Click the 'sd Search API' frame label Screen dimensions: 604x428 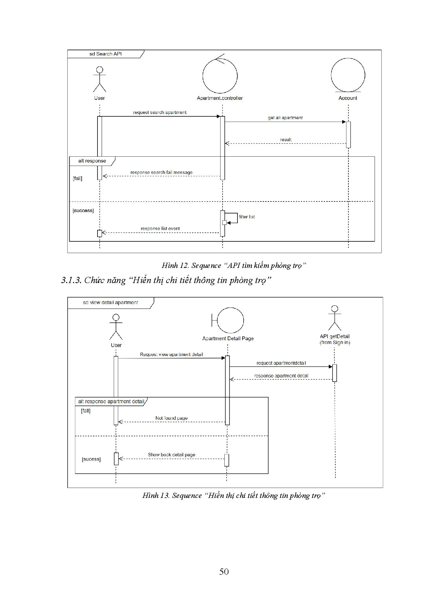pyautogui.click(x=105, y=54)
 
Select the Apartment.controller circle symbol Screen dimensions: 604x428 pyautogui.click(x=220, y=76)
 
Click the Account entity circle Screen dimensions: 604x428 pyautogui.click(x=348, y=75)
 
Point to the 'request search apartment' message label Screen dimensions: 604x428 pyautogui.click(x=160, y=112)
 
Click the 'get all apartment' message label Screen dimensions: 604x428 pyautogui.click(x=285, y=118)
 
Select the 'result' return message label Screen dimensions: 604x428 pyautogui.click(x=286, y=139)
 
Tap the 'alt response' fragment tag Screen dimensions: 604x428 pyautogui.click(x=92, y=161)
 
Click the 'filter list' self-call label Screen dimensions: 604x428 pyautogui.click(x=247, y=217)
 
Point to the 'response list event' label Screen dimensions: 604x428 pyautogui.click(x=160, y=228)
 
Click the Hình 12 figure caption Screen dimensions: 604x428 pyautogui.click(x=234, y=265)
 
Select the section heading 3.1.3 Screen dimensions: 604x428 pyautogui.click(x=166, y=280)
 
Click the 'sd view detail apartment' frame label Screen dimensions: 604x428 pyautogui.click(x=110, y=303)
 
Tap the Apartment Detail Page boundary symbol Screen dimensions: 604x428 pyautogui.click(x=228, y=320)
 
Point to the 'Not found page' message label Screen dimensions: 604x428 pyautogui.click(x=171, y=418)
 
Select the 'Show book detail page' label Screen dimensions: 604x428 pyautogui.click(x=172, y=455)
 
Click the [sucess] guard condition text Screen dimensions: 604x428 pyautogui.click(x=91, y=459)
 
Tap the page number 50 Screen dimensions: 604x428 pyautogui.click(x=224, y=572)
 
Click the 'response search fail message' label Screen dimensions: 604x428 pyautogui.click(x=161, y=172)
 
